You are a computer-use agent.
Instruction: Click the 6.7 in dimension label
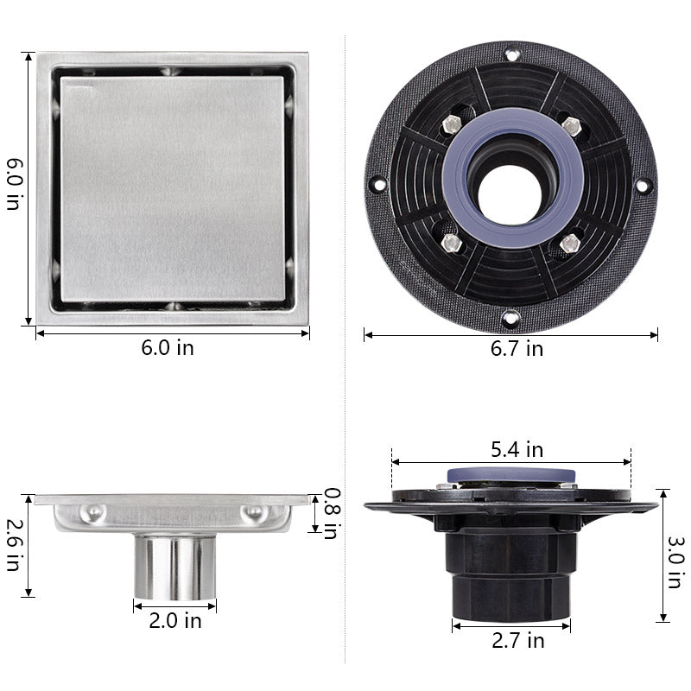point(517,349)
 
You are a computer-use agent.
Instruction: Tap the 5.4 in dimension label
point(517,450)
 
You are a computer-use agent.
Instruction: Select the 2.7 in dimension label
point(517,640)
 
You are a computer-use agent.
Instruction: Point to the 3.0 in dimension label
point(676,562)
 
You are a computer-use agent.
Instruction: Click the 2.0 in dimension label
point(175,621)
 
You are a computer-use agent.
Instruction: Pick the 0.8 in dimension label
point(332,513)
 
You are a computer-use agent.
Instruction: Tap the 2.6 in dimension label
point(13,545)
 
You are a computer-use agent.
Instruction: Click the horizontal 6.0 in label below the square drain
point(168,348)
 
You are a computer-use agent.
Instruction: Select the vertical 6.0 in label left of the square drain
point(13,184)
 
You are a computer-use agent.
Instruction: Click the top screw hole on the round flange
point(512,55)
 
